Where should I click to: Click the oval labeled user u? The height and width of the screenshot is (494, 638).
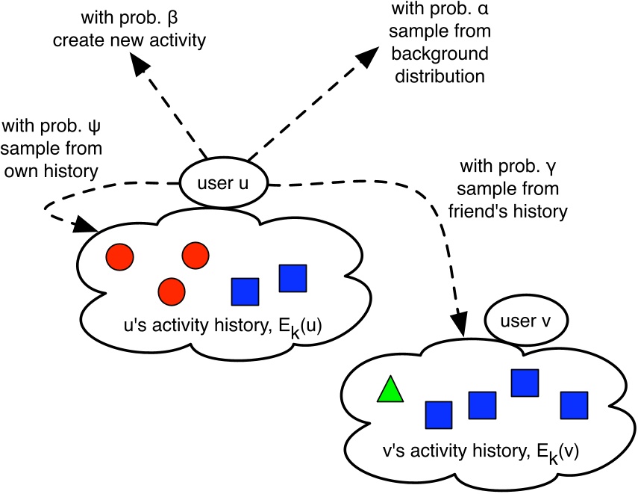(x=223, y=184)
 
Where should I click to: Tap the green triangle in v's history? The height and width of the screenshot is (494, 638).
(x=390, y=390)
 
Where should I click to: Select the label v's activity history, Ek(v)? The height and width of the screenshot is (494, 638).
(x=471, y=451)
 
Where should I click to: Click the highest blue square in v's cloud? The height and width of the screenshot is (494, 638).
(x=525, y=383)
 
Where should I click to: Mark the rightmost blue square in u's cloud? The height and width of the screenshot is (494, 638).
(x=293, y=278)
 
